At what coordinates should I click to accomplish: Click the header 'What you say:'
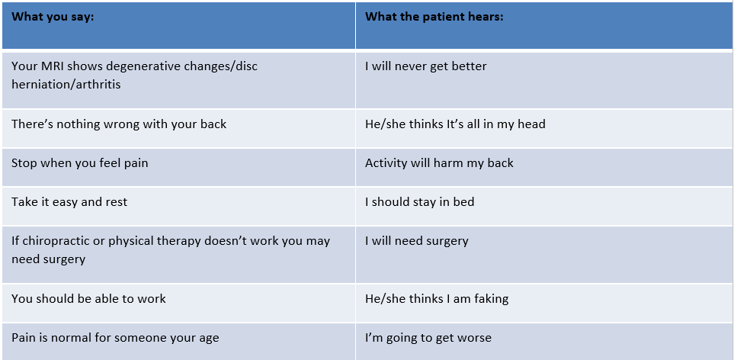tap(53, 17)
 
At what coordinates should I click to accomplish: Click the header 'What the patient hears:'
tap(434, 17)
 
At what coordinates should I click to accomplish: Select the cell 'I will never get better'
tap(425, 66)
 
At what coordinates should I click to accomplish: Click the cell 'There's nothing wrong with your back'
tap(119, 124)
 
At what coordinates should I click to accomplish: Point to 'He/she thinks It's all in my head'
tap(455, 124)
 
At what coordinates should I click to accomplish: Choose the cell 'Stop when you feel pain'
tap(79, 163)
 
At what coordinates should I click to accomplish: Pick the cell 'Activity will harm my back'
tap(439, 163)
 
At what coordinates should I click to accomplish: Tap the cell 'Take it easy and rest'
tap(69, 202)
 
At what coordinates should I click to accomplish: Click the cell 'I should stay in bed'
tap(419, 202)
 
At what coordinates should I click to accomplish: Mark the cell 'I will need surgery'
tap(417, 241)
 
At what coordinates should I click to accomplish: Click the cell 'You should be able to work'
tap(88, 299)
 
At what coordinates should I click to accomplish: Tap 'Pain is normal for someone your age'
tap(115, 338)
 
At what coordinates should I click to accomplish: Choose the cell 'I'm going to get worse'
tap(428, 338)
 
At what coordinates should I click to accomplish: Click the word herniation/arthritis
tap(66, 85)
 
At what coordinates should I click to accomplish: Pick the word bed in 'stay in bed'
tap(463, 202)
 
